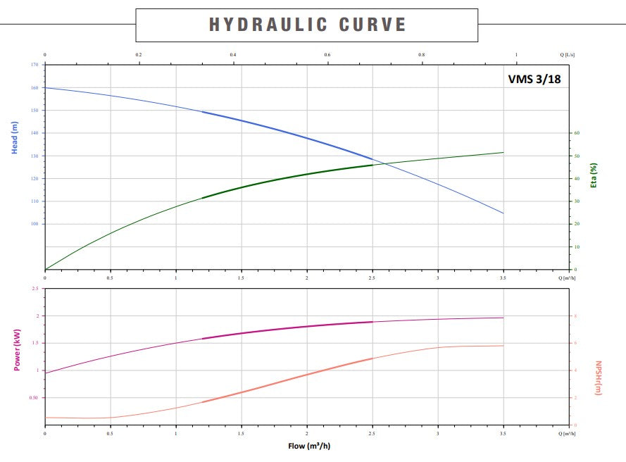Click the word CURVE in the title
pos(373,25)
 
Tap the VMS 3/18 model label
pos(534,79)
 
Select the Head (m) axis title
pos(15,138)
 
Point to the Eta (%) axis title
pos(594,175)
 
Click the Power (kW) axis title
pos(15,350)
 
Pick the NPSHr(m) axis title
pos(599,378)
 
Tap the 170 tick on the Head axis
pos(35,65)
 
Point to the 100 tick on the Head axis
pos(35,224)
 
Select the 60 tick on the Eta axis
pos(575,133)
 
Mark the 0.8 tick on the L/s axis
pos(422,55)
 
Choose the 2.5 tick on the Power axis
pos(35,289)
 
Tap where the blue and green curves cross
pos(384,163)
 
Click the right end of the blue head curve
pos(503,213)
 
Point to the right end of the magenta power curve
pos(503,318)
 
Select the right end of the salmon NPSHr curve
pos(503,345)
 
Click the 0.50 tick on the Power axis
pos(33,398)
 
